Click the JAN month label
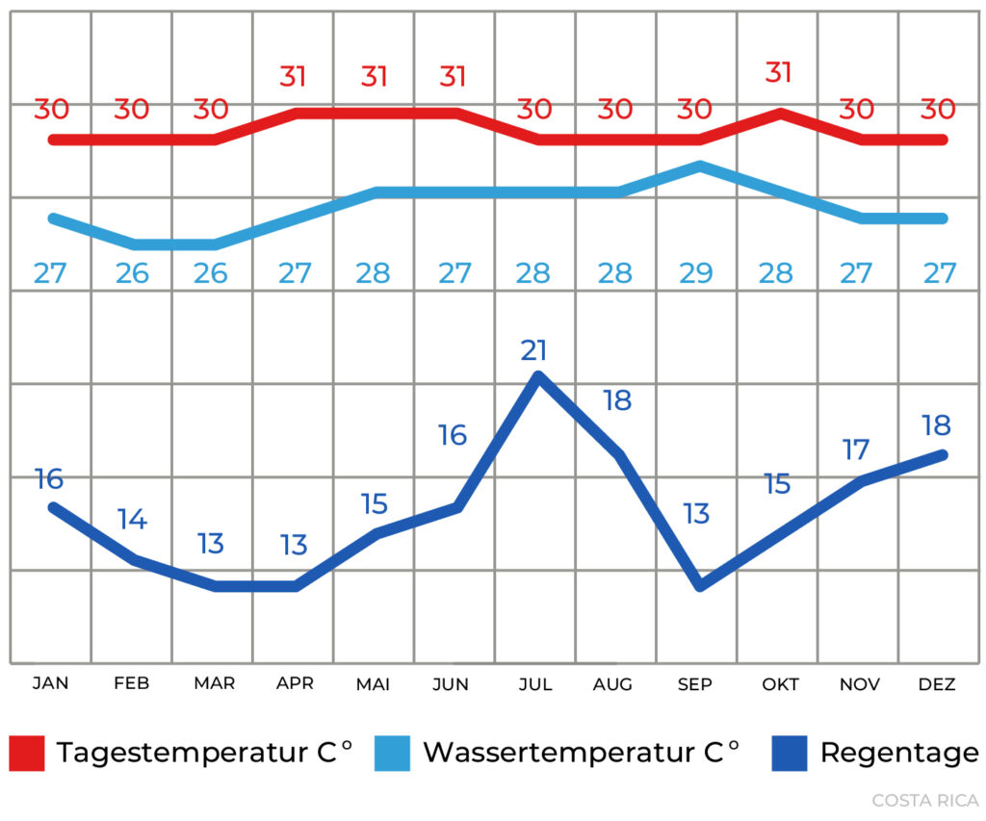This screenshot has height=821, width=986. [50, 684]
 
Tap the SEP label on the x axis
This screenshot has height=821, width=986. [694, 684]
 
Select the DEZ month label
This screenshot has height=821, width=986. [937, 684]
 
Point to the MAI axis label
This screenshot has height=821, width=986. [373, 684]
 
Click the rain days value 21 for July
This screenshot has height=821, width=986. [534, 350]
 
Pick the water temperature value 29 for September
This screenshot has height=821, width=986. [695, 273]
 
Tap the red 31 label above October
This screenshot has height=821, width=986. [778, 73]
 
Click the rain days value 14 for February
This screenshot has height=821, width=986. [132, 520]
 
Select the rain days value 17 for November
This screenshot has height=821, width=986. [856, 449]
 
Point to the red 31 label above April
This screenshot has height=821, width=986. [295, 76]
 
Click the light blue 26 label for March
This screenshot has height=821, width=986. [211, 273]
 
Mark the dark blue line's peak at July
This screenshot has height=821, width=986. [538, 375]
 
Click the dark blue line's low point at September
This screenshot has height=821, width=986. [700, 585]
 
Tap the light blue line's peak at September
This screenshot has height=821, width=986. [700, 166]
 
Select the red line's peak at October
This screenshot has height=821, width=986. [780, 113]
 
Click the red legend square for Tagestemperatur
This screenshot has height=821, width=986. [28, 753]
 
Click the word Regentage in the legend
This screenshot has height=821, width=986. [898, 753]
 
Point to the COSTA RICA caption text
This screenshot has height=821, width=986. [924, 800]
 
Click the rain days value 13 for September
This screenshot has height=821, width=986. [696, 513]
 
